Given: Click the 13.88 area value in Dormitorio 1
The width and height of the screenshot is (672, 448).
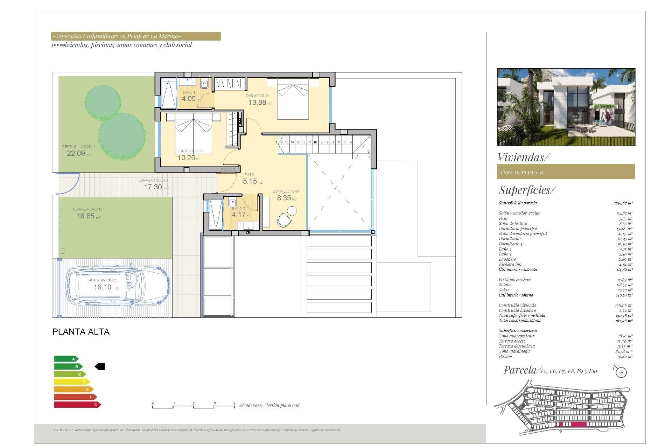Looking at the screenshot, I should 257,103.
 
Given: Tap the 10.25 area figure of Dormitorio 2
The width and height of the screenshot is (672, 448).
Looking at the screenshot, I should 186,158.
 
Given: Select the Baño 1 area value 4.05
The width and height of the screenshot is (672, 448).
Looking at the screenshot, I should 189,99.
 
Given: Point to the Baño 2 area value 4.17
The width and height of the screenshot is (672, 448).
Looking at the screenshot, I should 239,215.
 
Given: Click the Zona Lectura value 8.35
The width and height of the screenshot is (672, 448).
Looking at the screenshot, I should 284,198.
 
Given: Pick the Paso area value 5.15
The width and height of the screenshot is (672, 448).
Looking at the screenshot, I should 250,181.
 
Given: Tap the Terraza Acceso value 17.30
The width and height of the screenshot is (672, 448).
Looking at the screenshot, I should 153,187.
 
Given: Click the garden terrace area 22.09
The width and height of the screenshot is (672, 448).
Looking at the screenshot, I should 76,153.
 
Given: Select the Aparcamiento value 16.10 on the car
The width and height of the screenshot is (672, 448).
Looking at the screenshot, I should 103,287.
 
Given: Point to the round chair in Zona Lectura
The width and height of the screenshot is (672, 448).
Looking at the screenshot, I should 291,211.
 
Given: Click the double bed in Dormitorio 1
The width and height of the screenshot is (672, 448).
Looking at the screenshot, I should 293,100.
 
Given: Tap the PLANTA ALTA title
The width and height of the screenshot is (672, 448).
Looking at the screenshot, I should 81,332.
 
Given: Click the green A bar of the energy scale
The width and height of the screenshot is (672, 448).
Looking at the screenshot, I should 66,359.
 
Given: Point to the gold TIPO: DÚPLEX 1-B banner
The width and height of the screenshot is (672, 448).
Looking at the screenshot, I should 566,172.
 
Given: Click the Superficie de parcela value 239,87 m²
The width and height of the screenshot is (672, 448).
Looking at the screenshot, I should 623,203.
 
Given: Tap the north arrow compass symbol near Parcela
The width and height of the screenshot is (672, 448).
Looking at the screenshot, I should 620,371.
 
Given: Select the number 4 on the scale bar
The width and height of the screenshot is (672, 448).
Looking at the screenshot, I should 234,403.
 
